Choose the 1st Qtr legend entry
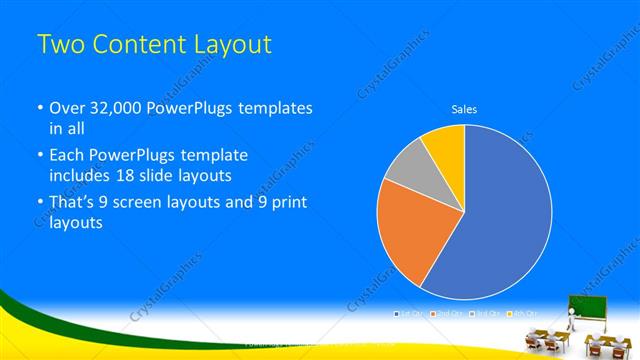click(410, 314)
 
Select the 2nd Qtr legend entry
click(447, 314)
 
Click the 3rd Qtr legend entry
click(484, 314)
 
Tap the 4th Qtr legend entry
click(522, 314)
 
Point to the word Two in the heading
click(60, 45)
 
